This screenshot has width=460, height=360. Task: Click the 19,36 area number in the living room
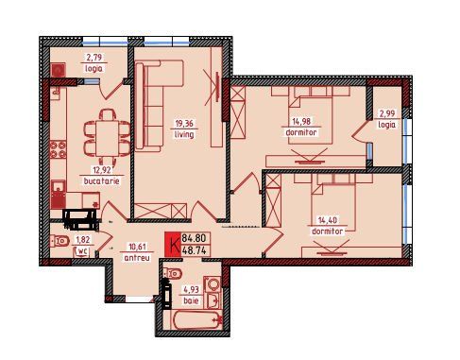tap(184, 123)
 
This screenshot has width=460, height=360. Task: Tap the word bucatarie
tap(101, 181)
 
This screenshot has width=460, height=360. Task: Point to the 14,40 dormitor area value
tap(328, 220)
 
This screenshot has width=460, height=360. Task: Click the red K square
tap(173, 244)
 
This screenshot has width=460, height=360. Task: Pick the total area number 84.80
tap(194, 238)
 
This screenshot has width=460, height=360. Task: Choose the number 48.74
tap(194, 250)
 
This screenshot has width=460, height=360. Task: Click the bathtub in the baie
tap(196, 320)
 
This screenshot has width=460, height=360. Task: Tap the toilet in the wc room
tap(60, 241)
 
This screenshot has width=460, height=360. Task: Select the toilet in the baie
tap(173, 273)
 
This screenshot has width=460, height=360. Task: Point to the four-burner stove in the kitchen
tap(59, 149)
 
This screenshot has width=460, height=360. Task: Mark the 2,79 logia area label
tap(94, 58)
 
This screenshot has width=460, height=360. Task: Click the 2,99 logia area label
tap(387, 113)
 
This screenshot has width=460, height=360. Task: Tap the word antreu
tap(137, 258)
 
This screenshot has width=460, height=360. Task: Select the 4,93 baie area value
tap(191, 289)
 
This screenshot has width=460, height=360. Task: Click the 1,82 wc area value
tap(82, 240)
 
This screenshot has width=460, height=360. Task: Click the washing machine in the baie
tap(213, 284)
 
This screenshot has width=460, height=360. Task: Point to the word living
tap(184, 134)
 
